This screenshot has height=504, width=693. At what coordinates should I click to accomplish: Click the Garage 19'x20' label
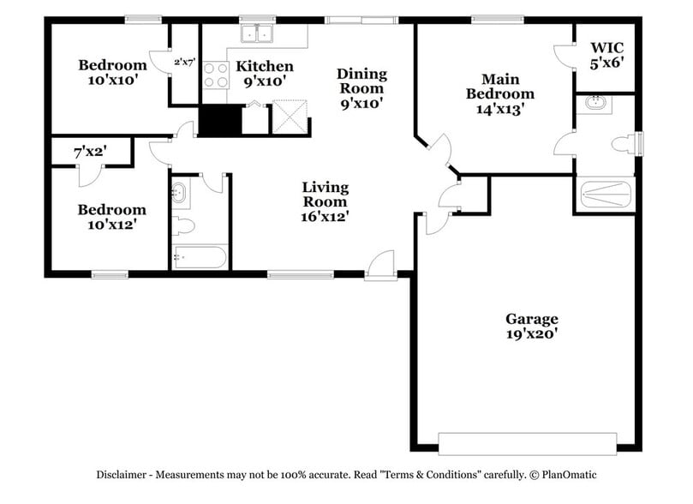point(531,327)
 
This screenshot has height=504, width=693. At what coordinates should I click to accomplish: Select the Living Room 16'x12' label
point(325,201)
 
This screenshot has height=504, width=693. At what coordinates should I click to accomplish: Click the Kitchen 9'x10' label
point(265,74)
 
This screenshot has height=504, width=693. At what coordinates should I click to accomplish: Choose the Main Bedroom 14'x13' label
point(500,93)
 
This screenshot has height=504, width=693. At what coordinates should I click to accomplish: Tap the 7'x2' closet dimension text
point(90,151)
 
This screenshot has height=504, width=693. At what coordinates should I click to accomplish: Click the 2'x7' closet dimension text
point(185,62)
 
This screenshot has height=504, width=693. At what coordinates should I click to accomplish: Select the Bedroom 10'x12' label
point(111,217)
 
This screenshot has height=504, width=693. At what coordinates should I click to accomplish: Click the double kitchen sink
point(256,33)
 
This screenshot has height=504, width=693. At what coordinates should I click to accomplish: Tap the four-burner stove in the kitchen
point(216,75)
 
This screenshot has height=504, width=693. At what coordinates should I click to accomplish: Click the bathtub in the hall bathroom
point(199,257)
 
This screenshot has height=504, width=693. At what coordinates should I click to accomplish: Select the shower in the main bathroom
point(604,195)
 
